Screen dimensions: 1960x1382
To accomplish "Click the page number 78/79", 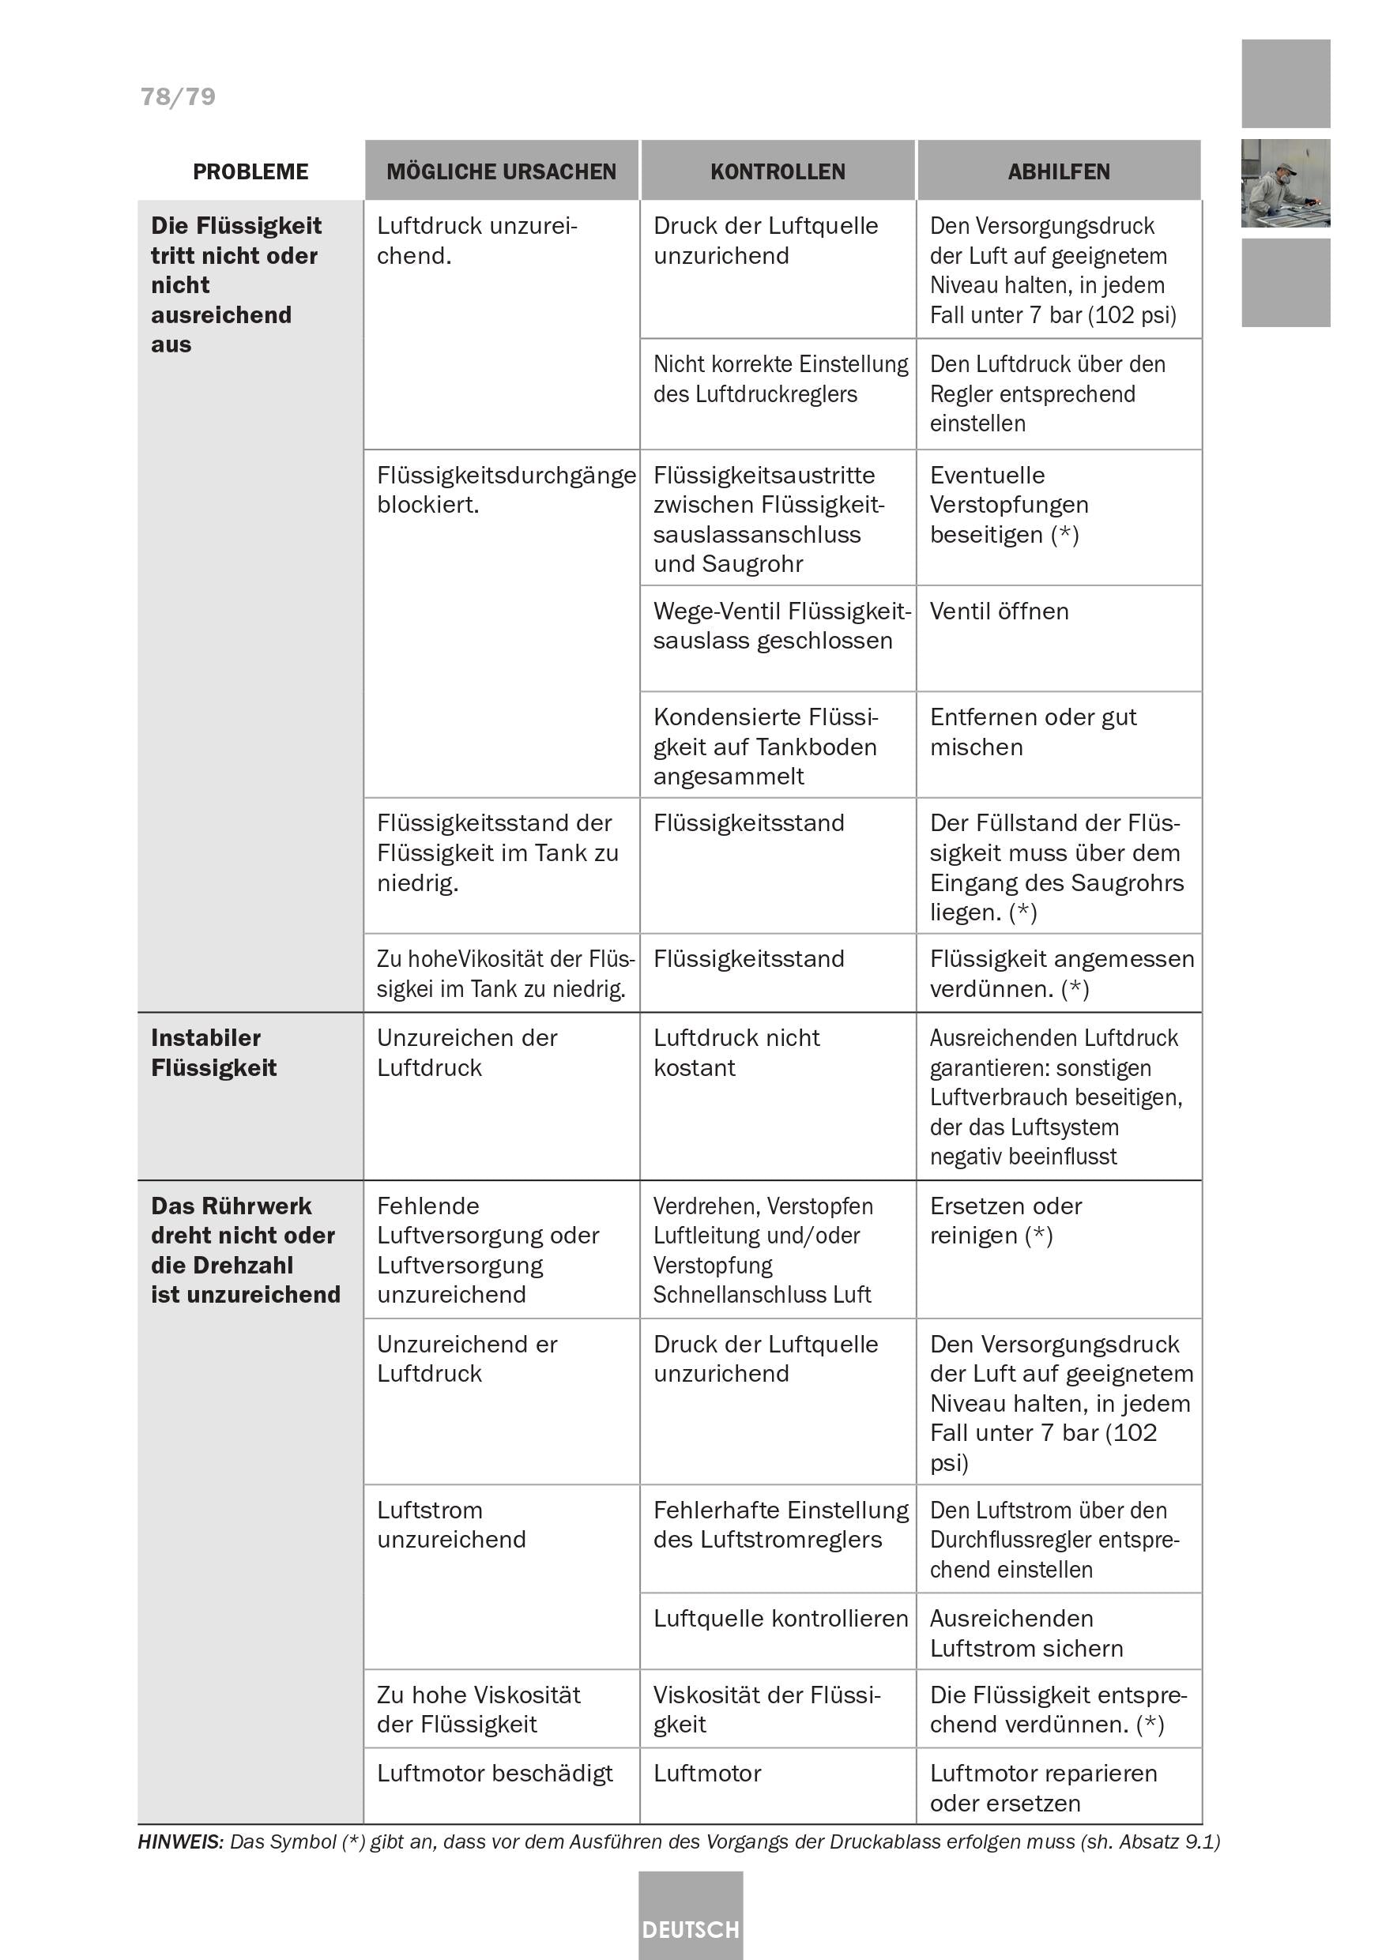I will click(178, 96).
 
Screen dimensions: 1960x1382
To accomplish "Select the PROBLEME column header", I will click(250, 171).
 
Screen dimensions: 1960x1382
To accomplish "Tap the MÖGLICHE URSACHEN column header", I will click(501, 171).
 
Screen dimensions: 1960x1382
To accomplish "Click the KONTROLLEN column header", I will click(778, 171).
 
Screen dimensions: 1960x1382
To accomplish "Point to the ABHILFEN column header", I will click(1059, 171).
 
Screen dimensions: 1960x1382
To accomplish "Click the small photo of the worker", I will click(1285, 183).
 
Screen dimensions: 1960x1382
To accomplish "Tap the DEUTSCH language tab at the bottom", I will click(691, 1929).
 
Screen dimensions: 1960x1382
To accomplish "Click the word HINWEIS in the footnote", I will click(179, 1841).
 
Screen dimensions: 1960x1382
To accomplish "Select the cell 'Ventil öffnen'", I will click(999, 611).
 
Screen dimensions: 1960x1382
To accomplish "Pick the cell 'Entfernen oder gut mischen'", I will click(1033, 732).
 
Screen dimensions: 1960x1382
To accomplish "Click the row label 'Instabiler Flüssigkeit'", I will click(213, 1052).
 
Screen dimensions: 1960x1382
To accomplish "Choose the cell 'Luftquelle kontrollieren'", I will click(780, 1619).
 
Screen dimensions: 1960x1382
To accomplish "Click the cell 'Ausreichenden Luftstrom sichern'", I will click(1026, 1633).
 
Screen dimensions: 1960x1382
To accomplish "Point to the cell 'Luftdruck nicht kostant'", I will click(736, 1052).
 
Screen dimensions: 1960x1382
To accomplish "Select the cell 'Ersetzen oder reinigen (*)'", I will click(1006, 1221).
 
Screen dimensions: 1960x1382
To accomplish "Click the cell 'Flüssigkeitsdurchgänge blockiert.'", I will click(506, 489).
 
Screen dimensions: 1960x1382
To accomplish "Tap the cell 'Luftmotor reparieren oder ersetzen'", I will click(1043, 1788).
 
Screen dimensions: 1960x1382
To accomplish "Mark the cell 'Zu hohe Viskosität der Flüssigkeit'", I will click(478, 1709).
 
